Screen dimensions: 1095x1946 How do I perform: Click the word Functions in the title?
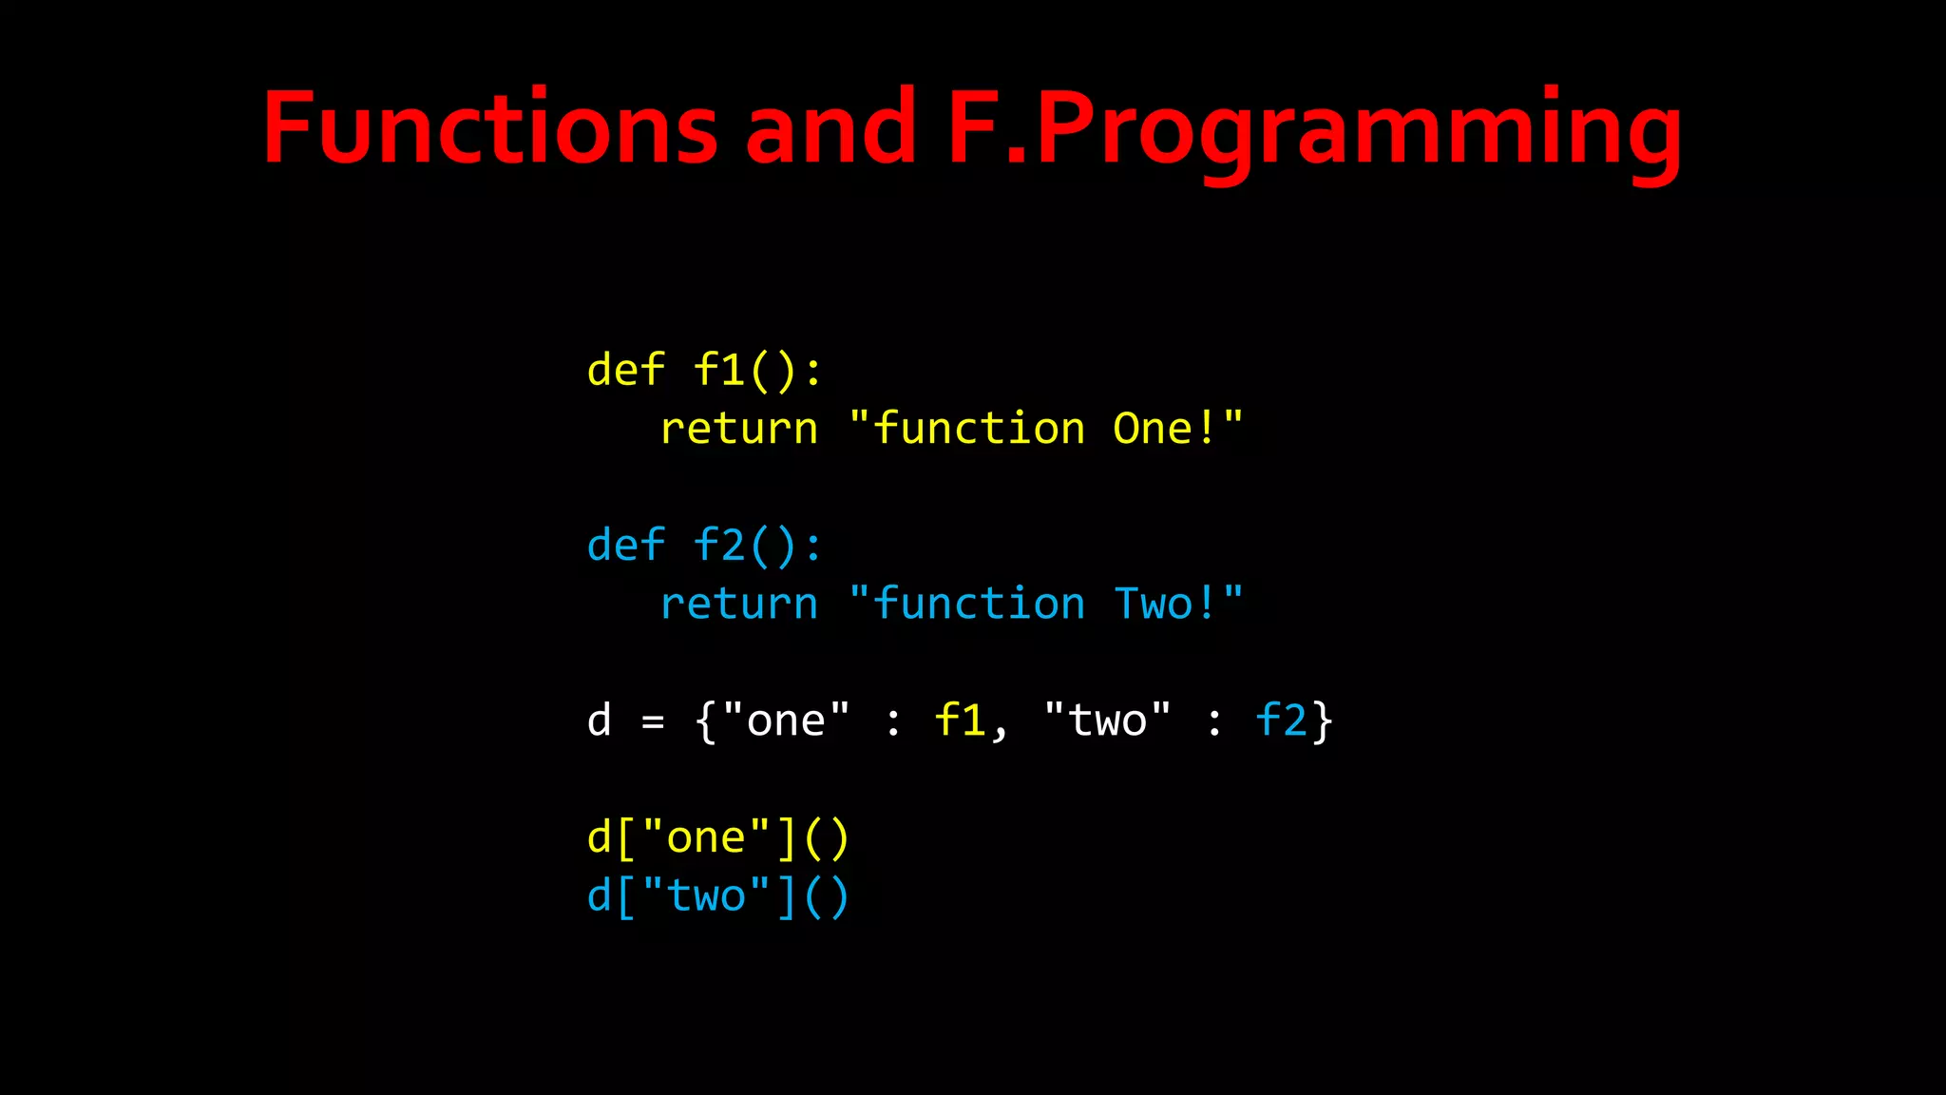coord(489,128)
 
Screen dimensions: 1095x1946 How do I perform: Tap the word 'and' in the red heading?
coord(830,128)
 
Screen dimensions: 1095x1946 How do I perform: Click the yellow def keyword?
coord(625,370)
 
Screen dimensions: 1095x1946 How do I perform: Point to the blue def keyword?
coord(625,546)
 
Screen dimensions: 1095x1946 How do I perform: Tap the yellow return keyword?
coord(738,429)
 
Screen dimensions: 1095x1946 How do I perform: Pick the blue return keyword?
coord(738,605)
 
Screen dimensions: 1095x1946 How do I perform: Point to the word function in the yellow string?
coord(979,429)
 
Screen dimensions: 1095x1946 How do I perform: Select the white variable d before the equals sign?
coord(599,720)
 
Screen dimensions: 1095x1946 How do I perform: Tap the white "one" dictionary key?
coord(785,720)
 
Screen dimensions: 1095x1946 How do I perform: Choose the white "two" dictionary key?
coord(1107,720)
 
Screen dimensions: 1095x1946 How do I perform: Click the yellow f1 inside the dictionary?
coord(960,720)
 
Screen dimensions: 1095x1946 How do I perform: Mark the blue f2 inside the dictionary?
coord(1281,720)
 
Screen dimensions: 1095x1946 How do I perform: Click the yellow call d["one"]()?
coord(717,838)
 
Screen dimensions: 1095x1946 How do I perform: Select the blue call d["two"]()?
coord(717,896)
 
